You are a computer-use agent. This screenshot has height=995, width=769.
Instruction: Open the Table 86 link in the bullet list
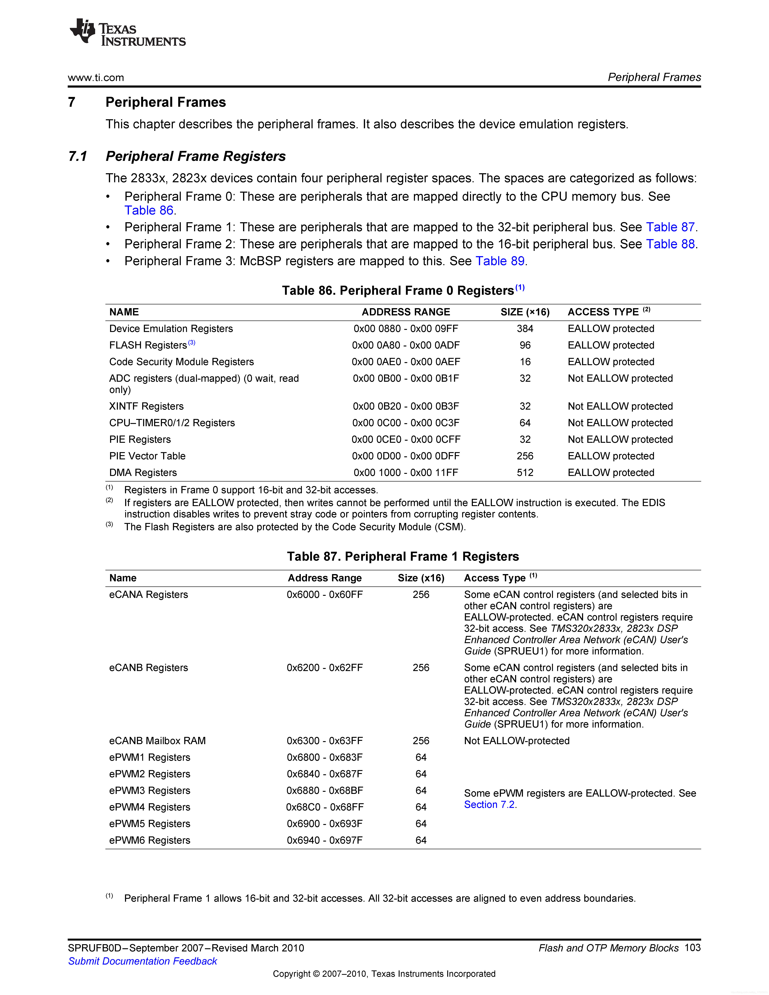pyautogui.click(x=149, y=210)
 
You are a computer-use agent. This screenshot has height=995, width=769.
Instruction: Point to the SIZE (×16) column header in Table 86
pyautogui.click(x=525, y=312)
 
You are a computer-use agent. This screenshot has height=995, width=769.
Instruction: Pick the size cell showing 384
pyautogui.click(x=525, y=329)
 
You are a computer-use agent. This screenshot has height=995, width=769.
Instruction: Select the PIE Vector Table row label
pyautogui.click(x=147, y=456)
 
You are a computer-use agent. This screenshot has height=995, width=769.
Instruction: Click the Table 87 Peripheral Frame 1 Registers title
pyautogui.click(x=403, y=557)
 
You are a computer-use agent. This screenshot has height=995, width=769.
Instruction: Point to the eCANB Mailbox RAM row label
pyautogui.click(x=157, y=741)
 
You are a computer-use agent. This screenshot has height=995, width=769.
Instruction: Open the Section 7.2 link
pyautogui.click(x=490, y=805)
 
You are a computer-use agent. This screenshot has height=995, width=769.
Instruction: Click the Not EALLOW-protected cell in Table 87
pyautogui.click(x=517, y=741)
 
